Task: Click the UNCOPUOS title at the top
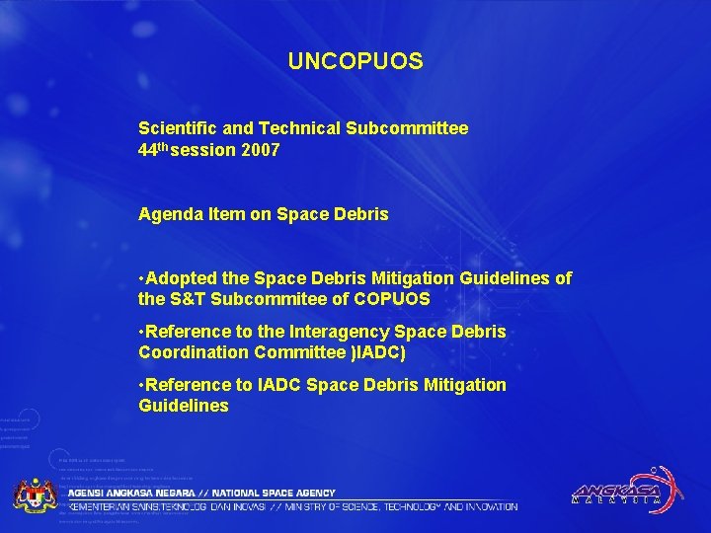click(355, 61)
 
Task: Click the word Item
click(223, 213)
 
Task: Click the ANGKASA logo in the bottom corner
click(622, 490)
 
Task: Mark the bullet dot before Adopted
click(143, 278)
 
